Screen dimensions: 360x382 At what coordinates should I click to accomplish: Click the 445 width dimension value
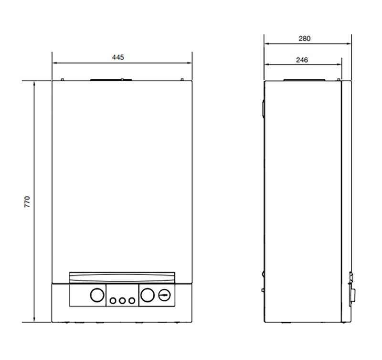[118, 57]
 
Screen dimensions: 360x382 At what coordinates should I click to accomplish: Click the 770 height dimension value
[28, 201]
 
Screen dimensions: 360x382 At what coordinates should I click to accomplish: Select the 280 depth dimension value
[305, 39]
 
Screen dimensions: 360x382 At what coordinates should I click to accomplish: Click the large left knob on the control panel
[97, 295]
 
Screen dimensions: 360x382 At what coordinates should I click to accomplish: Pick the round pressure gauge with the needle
[165, 295]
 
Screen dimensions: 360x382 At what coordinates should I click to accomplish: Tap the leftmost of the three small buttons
[113, 301]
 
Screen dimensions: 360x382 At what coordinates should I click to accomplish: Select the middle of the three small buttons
[122, 301]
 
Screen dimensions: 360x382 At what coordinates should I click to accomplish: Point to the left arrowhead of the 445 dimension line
[54, 63]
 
